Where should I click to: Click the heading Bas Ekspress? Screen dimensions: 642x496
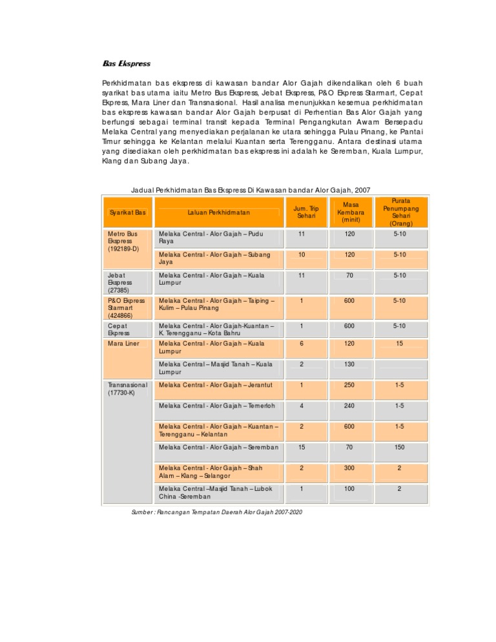[127, 64]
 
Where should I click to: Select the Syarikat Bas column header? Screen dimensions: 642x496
[127, 212]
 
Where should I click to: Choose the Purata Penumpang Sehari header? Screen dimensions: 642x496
[401, 212]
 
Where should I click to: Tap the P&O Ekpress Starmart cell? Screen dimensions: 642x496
[126, 309]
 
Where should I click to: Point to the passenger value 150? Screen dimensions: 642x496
[401, 447]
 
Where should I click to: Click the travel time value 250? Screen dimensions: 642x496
[350, 385]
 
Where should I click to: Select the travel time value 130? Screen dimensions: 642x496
[350, 365]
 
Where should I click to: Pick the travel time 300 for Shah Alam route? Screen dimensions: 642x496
[350, 468]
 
